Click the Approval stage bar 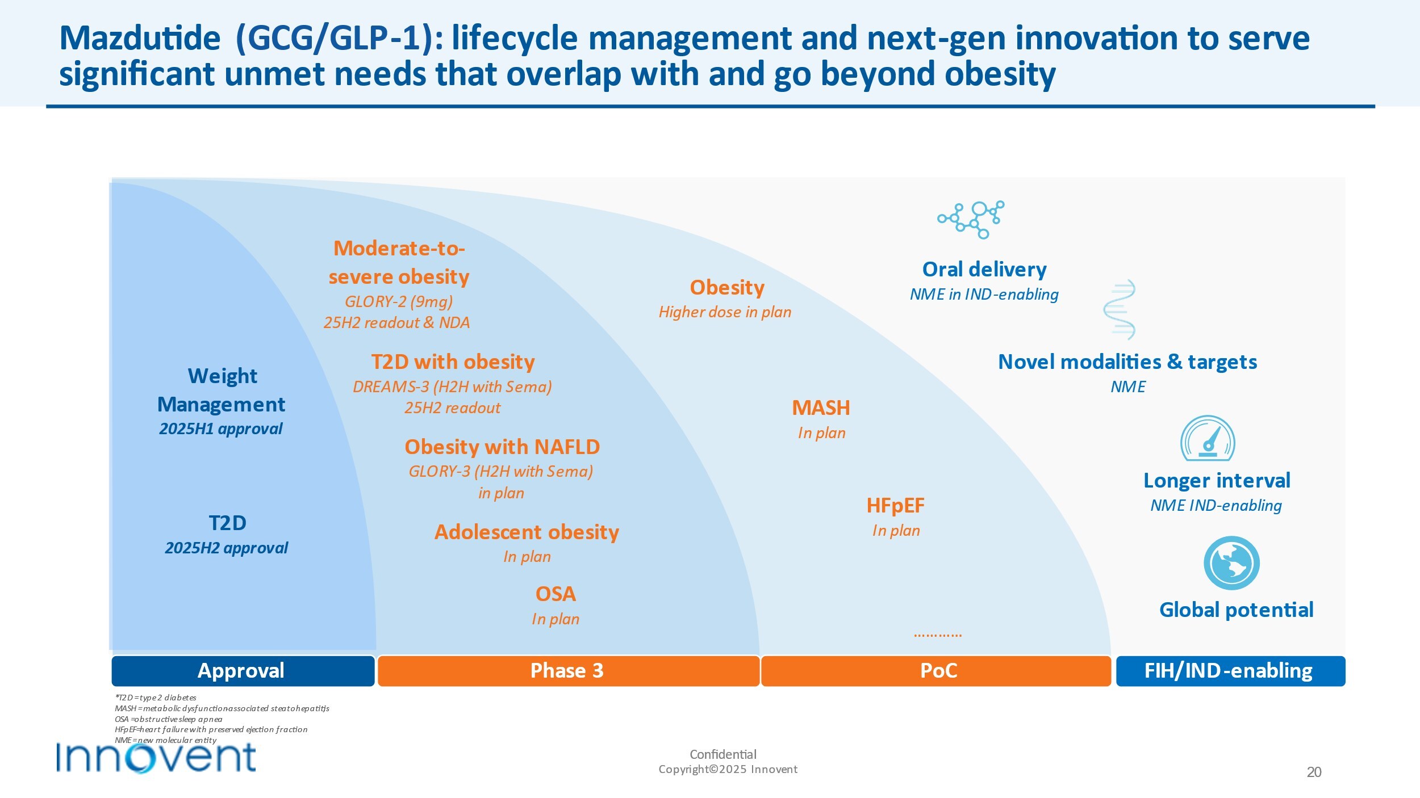pos(243,671)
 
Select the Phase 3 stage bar pos(568,671)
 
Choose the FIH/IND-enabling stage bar pos(1230,671)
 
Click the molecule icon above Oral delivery pos(971,219)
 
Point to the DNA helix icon pos(1120,309)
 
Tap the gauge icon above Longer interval pos(1208,439)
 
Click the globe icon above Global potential pos(1231,563)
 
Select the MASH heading pos(821,408)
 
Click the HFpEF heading pos(895,506)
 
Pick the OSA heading pos(556,594)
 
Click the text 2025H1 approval pos(221,429)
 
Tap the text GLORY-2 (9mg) pos(399,301)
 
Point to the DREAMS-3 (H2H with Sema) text pos(452,387)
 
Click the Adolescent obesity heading pos(527,532)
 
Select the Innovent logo pos(156,758)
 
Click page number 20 pos(1314,772)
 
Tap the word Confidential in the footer pos(723,754)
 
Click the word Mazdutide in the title pos(140,39)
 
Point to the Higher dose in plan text pos(725,312)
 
